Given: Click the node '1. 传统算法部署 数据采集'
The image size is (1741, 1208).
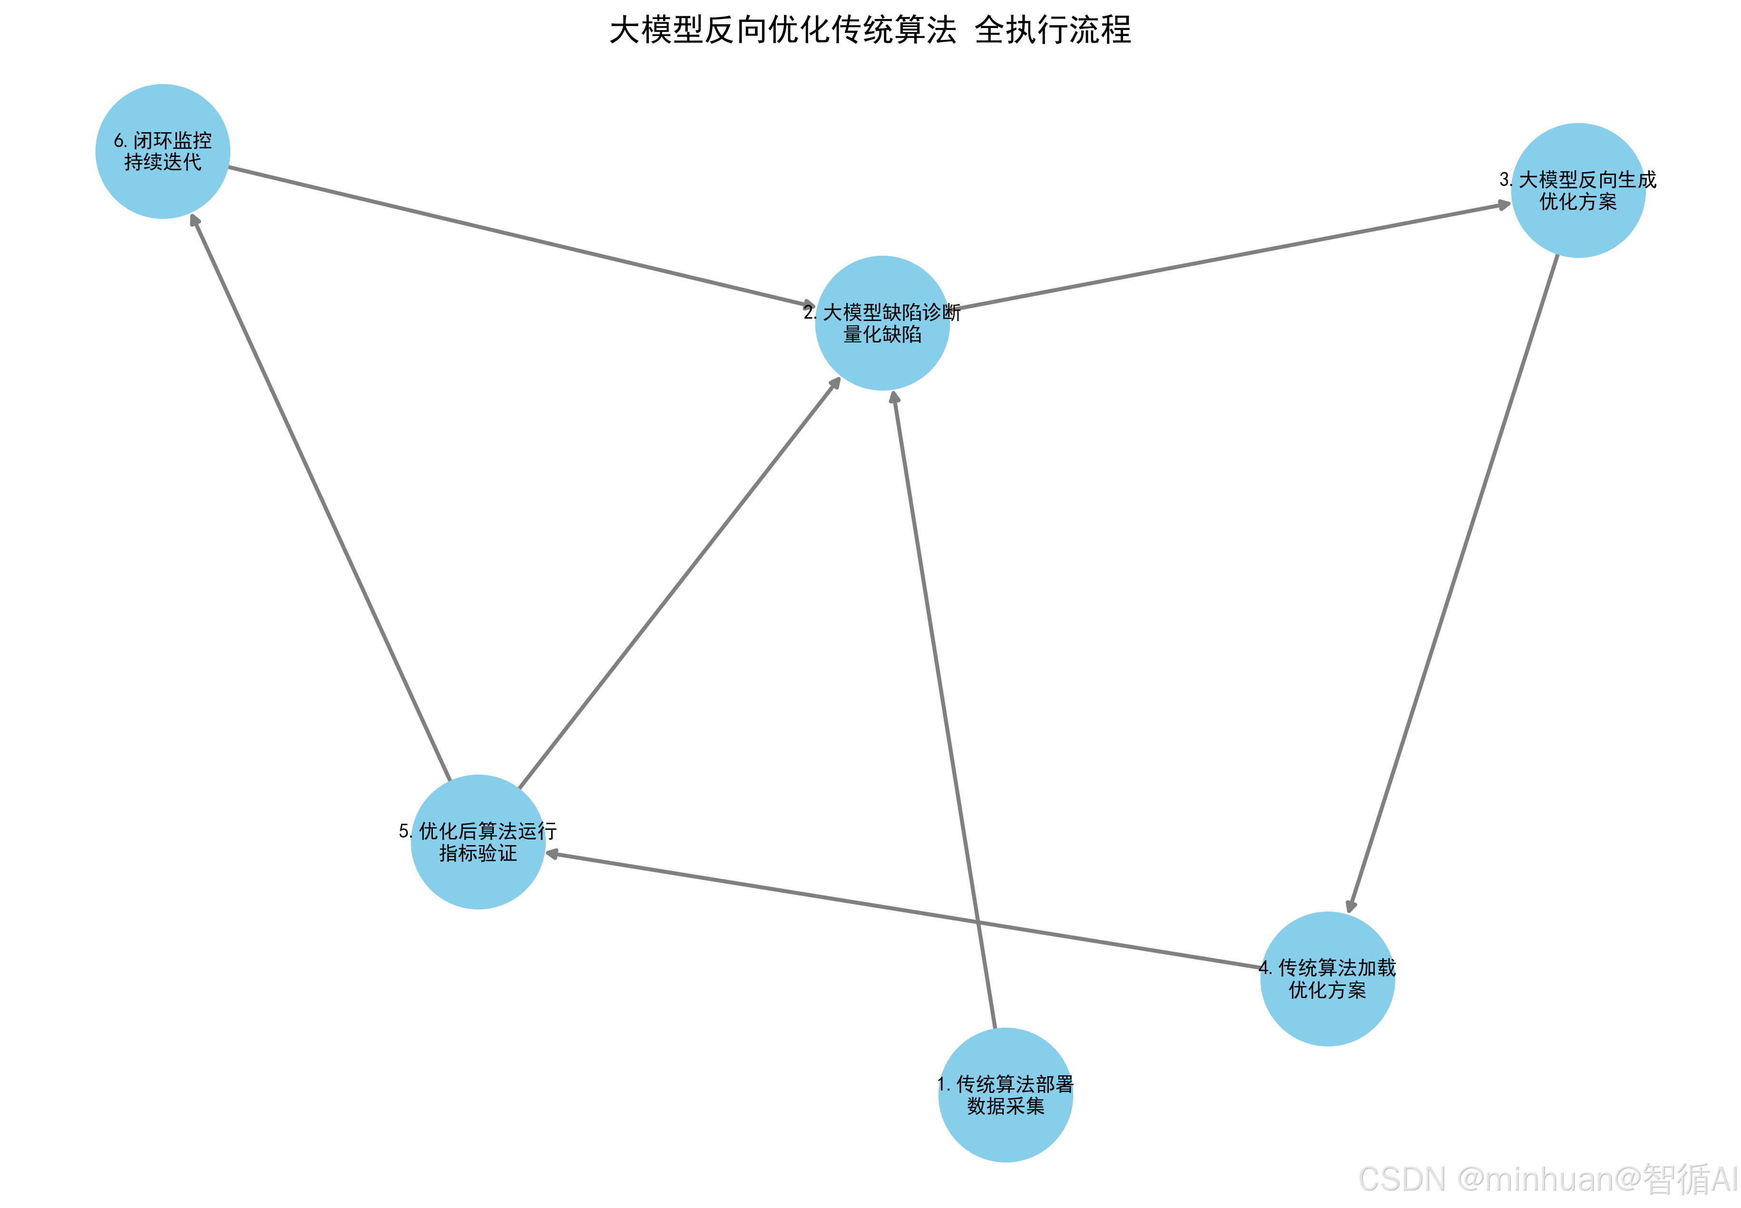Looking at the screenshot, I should click(1005, 1094).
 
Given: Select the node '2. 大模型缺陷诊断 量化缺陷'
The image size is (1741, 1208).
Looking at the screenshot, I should click(882, 323).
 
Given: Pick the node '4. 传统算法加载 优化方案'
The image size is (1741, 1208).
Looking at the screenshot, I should click(1327, 979).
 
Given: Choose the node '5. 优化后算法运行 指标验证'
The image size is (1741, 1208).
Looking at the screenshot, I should click(478, 842).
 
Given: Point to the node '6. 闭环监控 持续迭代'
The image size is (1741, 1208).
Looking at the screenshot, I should click(163, 151).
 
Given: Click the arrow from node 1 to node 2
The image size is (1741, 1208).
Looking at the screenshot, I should click(944, 711).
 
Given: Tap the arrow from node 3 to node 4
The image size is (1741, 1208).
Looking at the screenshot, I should click(1453, 583).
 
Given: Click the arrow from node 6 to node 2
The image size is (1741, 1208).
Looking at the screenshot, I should click(522, 236).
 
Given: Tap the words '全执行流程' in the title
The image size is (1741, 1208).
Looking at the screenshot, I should click(1052, 31).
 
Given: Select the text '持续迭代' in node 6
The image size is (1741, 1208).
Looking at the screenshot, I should click(163, 163).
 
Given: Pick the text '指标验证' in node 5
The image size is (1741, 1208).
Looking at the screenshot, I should click(478, 853).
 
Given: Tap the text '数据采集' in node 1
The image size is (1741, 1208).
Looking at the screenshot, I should click(1005, 1106).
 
